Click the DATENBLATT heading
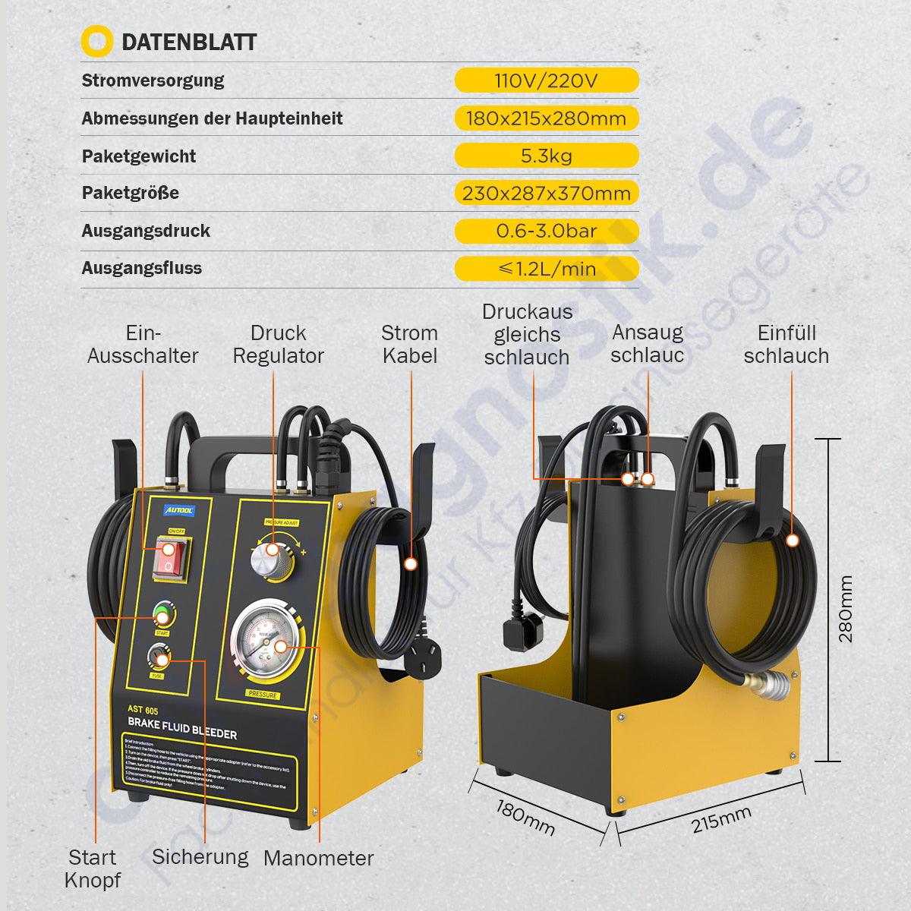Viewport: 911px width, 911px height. [188, 42]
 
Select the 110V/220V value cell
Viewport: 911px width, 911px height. [546, 80]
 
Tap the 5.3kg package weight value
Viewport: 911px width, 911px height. [546, 156]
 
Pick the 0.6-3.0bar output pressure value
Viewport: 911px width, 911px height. [546, 231]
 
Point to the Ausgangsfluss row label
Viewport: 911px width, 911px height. [141, 268]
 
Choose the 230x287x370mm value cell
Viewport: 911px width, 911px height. [546, 193]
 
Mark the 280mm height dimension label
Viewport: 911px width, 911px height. [846, 608]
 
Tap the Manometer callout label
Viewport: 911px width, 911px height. [318, 859]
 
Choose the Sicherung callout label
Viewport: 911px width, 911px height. [200, 857]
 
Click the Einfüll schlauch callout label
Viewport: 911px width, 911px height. [786, 344]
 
